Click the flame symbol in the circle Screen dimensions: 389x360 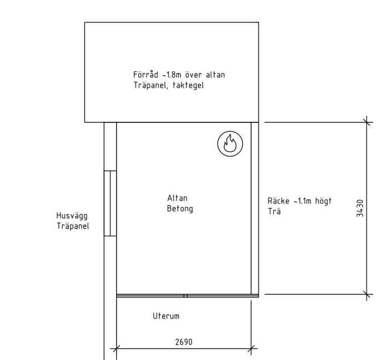click(230, 144)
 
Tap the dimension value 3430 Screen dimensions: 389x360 click(360, 208)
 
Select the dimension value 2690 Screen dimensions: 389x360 click(183, 342)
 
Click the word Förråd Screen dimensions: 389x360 click(146, 75)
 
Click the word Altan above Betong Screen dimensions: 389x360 click(177, 198)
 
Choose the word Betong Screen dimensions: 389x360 click(180, 209)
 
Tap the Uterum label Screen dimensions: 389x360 click(166, 316)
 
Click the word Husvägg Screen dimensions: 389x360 click(72, 216)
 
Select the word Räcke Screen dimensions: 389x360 click(278, 201)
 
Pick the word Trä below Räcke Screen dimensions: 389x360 click(274, 211)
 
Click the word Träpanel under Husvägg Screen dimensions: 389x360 click(73, 226)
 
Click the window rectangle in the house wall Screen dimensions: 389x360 click(110, 203)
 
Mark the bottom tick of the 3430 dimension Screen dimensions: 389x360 click(367, 294)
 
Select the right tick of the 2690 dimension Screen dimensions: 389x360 click(251, 348)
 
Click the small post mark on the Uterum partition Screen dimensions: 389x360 click(186, 295)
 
